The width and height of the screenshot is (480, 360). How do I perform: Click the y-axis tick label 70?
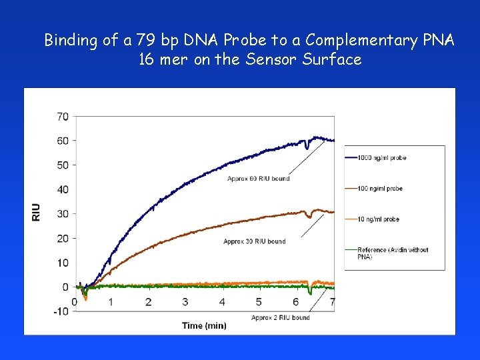(x=62, y=117)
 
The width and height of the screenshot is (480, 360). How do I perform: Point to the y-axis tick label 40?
(x=62, y=189)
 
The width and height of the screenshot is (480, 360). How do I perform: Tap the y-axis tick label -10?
(x=61, y=311)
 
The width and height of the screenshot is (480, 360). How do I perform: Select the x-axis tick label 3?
(x=185, y=302)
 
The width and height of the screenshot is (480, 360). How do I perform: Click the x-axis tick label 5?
(x=259, y=302)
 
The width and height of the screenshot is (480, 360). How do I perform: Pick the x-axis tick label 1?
(x=111, y=302)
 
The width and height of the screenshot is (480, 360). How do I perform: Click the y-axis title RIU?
(x=36, y=213)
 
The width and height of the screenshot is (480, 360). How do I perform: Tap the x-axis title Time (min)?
(x=204, y=325)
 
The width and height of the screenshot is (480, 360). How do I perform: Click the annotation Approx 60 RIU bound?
(x=259, y=178)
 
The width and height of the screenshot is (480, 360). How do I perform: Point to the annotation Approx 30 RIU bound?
(x=254, y=241)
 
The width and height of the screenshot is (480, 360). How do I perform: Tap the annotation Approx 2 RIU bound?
(x=281, y=317)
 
